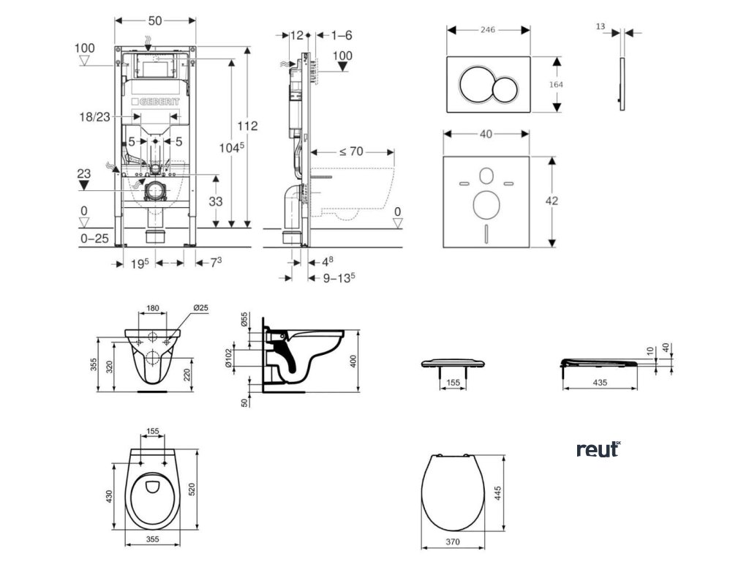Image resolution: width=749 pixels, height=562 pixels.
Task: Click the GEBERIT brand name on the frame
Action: click(x=155, y=102)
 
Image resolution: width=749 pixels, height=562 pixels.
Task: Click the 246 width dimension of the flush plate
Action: click(x=488, y=30)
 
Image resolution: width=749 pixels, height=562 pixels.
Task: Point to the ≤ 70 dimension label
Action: click(x=351, y=151)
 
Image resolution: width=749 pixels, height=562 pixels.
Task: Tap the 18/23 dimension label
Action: click(x=95, y=116)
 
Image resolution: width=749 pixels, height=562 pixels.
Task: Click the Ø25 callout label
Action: click(x=200, y=308)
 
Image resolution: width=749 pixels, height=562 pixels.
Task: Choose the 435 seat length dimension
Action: click(x=600, y=382)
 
